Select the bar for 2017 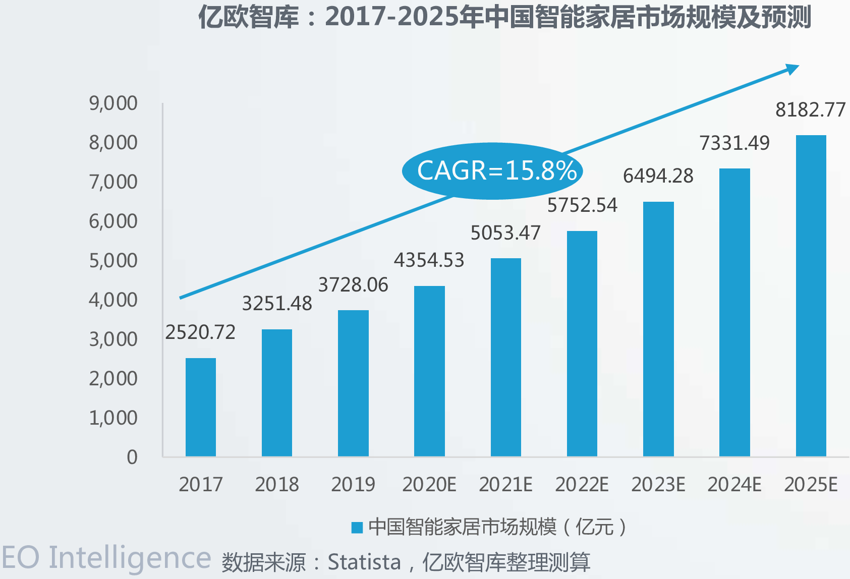point(201,407)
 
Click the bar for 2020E point(429,371)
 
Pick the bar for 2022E point(582,343)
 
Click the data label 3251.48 point(277,304)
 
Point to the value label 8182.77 point(810,110)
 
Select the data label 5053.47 point(505,233)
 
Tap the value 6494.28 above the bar point(658,176)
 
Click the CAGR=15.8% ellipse point(492,170)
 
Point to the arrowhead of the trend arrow point(794,69)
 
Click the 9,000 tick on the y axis point(113,103)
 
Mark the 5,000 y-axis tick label point(113,261)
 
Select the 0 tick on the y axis point(132,457)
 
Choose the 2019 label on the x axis point(353,485)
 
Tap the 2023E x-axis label point(658,485)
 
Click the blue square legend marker point(357,528)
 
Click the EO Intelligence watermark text point(106,558)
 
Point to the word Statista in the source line point(364,562)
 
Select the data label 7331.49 point(734,143)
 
